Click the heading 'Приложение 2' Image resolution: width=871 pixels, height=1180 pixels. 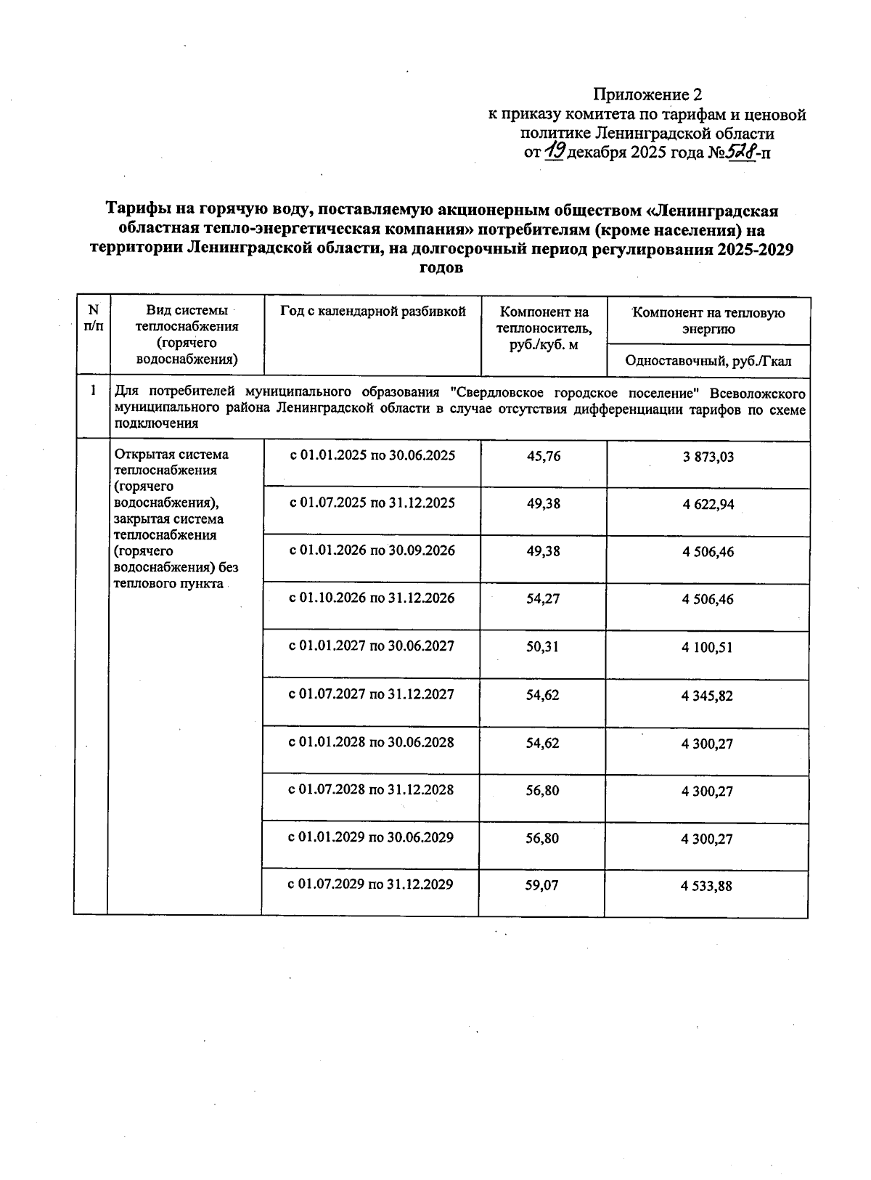[x=648, y=94]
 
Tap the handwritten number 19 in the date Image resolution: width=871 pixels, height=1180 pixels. [x=555, y=151]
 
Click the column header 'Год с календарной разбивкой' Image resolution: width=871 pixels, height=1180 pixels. [x=372, y=312]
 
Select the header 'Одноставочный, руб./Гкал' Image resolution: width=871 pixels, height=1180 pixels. [x=708, y=361]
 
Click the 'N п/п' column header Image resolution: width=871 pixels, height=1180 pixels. [x=93, y=318]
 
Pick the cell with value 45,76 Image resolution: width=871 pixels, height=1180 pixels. [x=543, y=457]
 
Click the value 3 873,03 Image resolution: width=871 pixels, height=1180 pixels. [x=708, y=457]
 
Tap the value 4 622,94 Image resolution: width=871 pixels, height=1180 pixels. [x=708, y=505]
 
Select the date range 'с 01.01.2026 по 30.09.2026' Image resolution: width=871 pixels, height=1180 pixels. [x=372, y=550]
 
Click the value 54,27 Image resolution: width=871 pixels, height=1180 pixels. [x=543, y=599]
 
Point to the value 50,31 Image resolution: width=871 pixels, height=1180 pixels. [x=543, y=646]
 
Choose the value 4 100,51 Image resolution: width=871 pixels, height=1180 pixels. [x=707, y=648]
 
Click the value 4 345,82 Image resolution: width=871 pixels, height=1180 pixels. [x=707, y=696]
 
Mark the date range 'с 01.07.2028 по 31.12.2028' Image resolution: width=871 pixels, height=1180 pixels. [x=372, y=789]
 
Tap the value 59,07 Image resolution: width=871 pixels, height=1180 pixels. [x=543, y=885]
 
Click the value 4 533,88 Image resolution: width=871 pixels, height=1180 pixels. [x=707, y=886]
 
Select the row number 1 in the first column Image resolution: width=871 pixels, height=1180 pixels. [x=93, y=391]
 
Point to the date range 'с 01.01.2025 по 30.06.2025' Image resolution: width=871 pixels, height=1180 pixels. [x=372, y=456]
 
